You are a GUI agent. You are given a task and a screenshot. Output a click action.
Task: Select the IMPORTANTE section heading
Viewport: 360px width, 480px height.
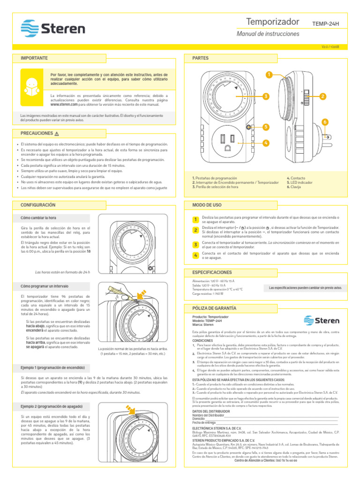click(34, 58)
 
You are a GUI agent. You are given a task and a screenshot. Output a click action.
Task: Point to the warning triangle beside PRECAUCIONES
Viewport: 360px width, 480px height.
click(57, 134)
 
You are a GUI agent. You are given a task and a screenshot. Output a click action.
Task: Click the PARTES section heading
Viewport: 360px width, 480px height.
click(200, 58)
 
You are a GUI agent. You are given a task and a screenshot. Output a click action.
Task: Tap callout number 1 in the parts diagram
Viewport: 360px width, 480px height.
click(269, 75)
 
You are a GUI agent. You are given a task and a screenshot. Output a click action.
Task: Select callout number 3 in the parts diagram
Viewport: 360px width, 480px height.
click(265, 96)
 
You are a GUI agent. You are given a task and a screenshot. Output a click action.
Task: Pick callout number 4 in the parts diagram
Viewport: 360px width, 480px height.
click(266, 142)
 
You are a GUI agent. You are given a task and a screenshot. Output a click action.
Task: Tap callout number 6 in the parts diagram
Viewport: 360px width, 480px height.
click(325, 122)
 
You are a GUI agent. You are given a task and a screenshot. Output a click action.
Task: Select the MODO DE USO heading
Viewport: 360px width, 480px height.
click(206, 205)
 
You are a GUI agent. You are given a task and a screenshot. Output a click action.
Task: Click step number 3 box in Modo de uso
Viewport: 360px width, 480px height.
click(195, 245)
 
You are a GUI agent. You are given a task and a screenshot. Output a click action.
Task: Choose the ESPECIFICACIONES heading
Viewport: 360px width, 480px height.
click(212, 272)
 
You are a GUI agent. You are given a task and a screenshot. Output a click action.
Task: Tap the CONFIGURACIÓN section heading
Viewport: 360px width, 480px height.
click(38, 205)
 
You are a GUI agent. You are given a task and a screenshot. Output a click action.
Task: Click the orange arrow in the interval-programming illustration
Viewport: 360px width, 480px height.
click(140, 295)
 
